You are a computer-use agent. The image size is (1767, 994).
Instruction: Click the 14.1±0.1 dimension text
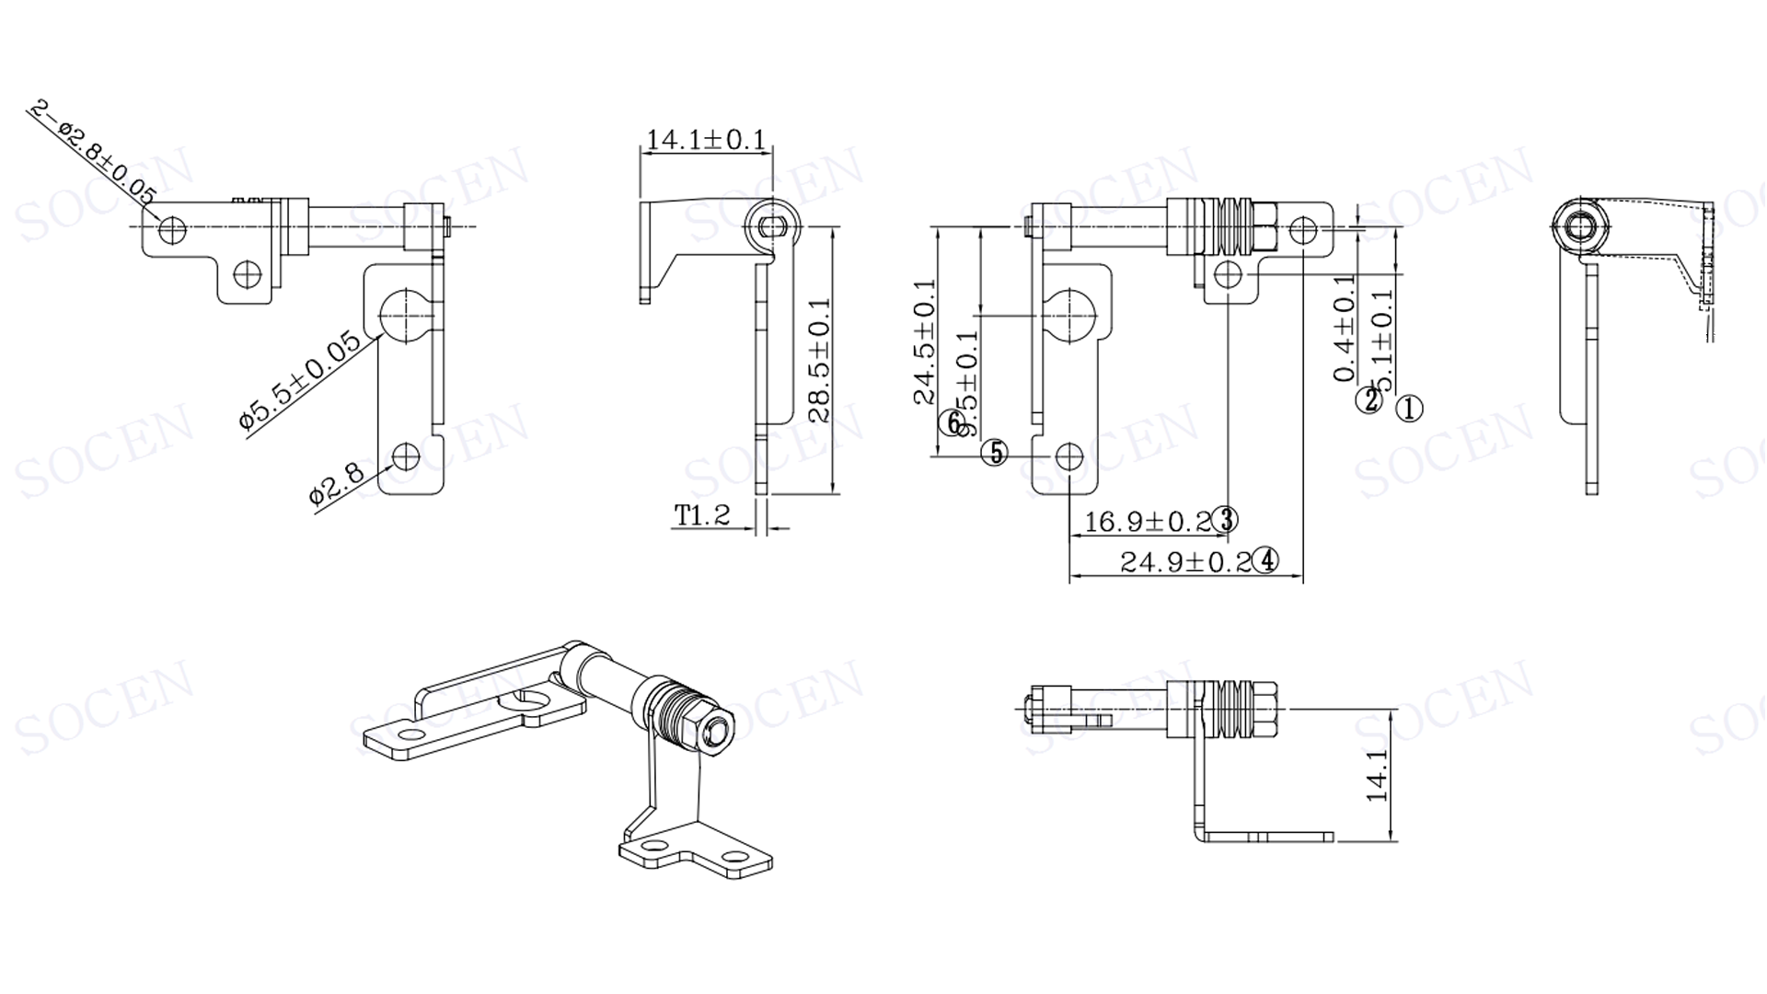pyautogui.click(x=706, y=140)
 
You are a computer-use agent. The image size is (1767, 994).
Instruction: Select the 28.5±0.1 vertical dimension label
pyautogui.click(x=819, y=359)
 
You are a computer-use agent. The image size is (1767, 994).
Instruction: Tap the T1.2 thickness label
pyautogui.click(x=702, y=515)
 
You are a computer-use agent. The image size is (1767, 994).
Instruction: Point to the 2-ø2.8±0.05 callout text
pyautogui.click(x=93, y=152)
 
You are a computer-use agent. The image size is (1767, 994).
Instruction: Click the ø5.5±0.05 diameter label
pyautogui.click(x=300, y=379)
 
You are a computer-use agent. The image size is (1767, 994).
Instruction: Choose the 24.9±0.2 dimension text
pyautogui.click(x=1185, y=561)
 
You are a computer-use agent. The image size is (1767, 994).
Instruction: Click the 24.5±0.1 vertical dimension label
pyautogui.click(x=925, y=341)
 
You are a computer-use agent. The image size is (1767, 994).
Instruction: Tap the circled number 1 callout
pyautogui.click(x=1409, y=408)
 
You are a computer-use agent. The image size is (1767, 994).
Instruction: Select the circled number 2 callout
pyautogui.click(x=1370, y=400)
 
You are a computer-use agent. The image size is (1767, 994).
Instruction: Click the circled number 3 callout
pyautogui.click(x=1226, y=520)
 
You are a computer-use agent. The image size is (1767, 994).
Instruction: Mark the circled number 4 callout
pyautogui.click(x=1267, y=560)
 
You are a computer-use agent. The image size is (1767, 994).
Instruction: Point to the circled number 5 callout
pyautogui.click(x=995, y=453)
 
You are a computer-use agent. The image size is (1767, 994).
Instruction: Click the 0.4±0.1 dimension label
pyautogui.click(x=1344, y=328)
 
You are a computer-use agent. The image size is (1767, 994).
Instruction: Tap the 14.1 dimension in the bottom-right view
pyautogui.click(x=1377, y=775)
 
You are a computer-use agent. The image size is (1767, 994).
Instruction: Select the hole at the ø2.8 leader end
pyautogui.click(x=405, y=457)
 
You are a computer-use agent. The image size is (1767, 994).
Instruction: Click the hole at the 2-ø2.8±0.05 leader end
pyautogui.click(x=172, y=227)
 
